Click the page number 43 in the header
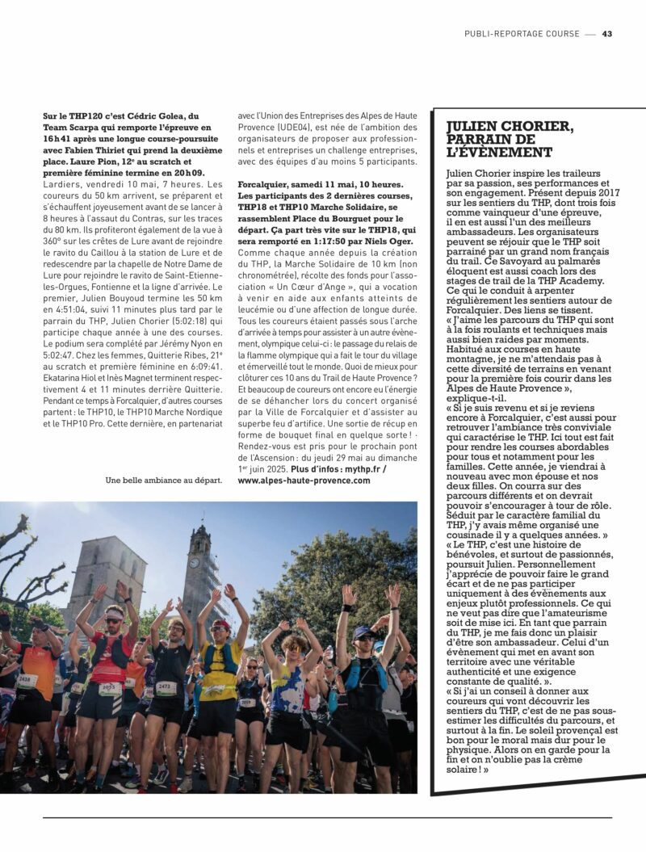coord(607,34)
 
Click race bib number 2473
coord(166,687)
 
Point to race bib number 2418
coord(27,680)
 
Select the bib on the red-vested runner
coord(110,689)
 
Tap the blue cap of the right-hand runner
coord(363,632)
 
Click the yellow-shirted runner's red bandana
coord(221,625)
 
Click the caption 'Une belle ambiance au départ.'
coord(163,480)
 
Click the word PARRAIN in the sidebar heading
coord(483,139)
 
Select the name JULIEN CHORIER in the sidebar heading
coord(510,127)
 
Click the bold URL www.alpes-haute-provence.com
coord(304,480)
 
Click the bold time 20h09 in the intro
coord(188,172)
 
